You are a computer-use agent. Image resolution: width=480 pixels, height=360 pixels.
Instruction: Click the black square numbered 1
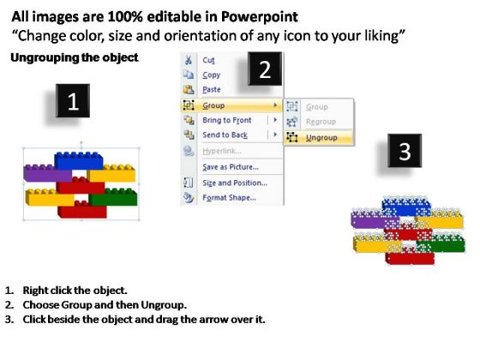click(73, 101)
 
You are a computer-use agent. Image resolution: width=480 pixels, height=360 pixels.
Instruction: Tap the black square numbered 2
click(265, 69)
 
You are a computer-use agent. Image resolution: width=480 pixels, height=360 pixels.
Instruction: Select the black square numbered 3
click(405, 151)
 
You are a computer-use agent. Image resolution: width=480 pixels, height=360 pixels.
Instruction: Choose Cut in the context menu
click(208, 60)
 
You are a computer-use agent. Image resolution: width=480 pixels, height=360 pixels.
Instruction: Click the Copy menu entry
click(211, 75)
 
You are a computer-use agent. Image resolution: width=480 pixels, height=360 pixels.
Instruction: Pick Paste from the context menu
click(212, 90)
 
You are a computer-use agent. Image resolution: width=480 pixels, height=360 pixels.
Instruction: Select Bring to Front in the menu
click(227, 120)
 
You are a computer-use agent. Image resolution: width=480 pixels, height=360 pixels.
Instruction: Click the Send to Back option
click(225, 135)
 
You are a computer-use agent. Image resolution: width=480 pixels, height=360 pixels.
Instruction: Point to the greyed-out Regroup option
click(321, 122)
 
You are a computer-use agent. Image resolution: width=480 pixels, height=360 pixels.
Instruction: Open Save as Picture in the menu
click(231, 167)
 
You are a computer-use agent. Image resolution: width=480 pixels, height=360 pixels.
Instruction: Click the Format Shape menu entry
click(230, 198)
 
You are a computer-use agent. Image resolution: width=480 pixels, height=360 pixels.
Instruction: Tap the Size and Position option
click(235, 183)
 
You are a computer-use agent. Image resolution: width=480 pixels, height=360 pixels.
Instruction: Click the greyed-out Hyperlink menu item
click(222, 151)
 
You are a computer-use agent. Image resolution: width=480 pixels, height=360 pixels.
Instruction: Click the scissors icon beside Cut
click(189, 60)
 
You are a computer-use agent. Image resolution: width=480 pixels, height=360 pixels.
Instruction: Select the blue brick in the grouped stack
click(79, 161)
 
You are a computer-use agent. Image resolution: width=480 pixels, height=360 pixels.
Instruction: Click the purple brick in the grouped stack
click(47, 174)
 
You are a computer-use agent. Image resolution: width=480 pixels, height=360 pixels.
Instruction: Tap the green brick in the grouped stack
click(114, 197)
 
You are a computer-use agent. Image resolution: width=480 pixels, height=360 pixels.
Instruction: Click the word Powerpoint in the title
click(260, 17)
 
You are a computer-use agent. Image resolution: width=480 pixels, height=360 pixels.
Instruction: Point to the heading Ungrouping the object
click(75, 57)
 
